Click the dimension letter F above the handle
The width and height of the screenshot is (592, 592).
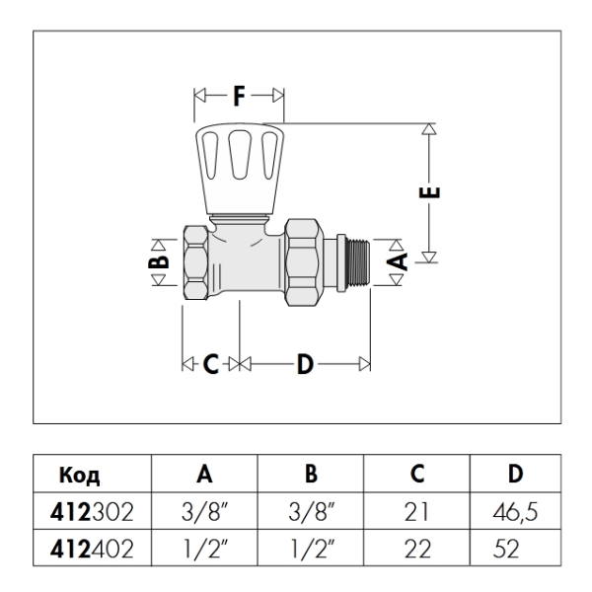point(239,97)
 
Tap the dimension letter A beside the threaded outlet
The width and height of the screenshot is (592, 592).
point(398,259)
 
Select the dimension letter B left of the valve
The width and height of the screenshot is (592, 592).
point(161,261)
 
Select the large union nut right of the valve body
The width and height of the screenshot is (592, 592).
point(305,262)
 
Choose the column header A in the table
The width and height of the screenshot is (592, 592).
point(204,475)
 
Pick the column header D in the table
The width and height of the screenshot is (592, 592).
point(514,475)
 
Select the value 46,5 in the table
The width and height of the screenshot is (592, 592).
point(513,512)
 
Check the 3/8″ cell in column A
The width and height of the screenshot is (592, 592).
point(204,512)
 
